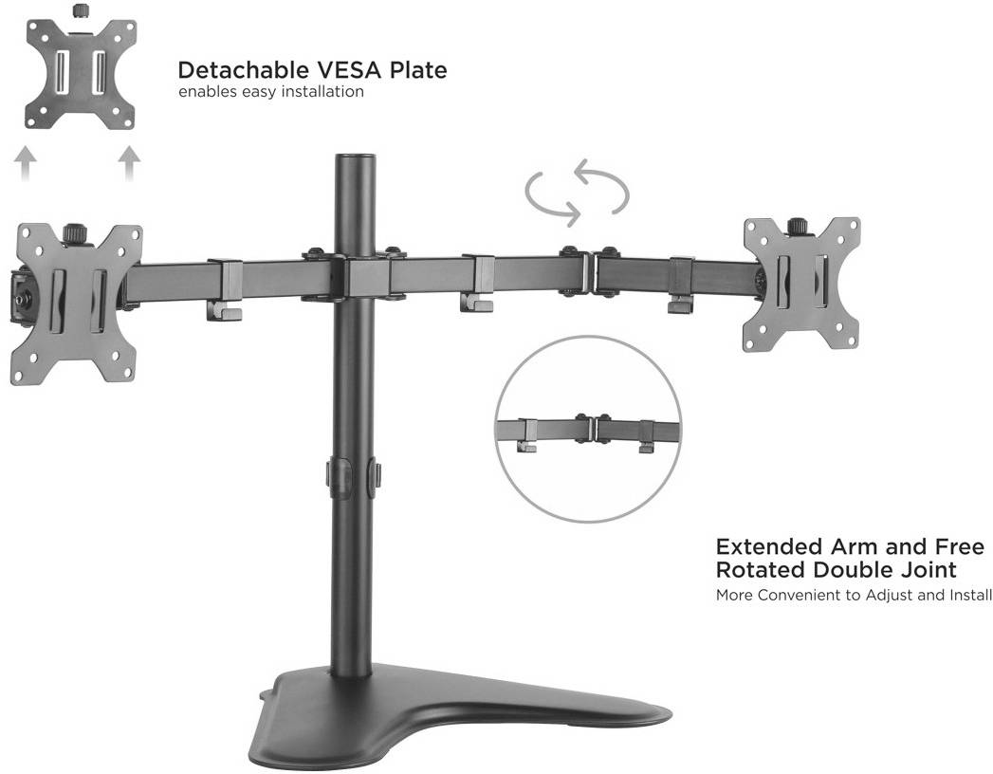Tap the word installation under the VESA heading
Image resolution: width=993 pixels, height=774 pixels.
coord(322,92)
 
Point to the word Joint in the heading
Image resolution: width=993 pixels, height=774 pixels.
coord(929,569)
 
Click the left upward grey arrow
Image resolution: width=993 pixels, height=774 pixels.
coord(25,164)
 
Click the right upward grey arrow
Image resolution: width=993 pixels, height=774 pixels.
coord(129,164)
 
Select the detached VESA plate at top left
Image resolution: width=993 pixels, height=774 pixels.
coord(81,73)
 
